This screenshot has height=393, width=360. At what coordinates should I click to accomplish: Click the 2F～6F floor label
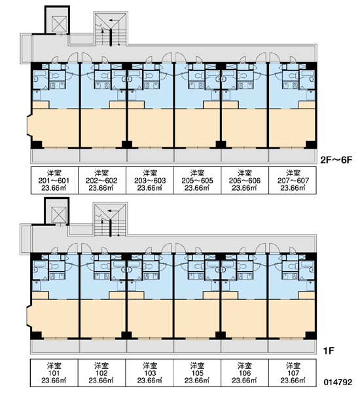click(336, 160)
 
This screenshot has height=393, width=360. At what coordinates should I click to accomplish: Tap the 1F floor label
click(329, 351)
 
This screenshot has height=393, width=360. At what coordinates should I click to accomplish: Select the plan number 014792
click(338, 382)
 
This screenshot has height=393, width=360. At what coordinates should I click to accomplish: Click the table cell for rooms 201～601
click(54, 180)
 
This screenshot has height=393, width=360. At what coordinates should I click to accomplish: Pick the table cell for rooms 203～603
click(150, 180)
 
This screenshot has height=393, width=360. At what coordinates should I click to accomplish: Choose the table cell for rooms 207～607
click(293, 180)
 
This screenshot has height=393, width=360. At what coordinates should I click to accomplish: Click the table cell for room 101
click(54, 373)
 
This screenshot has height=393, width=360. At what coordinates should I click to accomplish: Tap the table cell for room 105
click(197, 373)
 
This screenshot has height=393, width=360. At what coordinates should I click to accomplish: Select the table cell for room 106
click(245, 373)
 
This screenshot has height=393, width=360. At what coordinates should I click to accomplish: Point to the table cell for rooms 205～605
click(198, 180)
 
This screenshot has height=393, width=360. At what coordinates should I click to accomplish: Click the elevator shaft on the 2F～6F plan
click(57, 20)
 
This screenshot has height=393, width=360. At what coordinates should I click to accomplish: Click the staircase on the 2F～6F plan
click(111, 29)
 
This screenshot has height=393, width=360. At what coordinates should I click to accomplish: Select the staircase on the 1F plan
click(110, 219)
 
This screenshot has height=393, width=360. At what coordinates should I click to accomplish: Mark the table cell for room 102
click(101, 373)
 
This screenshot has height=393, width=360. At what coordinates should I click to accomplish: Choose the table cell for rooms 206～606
click(245, 180)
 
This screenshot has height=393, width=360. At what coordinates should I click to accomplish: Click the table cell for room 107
click(293, 373)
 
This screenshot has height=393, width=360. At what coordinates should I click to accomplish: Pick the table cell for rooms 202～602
click(102, 180)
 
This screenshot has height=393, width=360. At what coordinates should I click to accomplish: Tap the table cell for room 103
click(149, 373)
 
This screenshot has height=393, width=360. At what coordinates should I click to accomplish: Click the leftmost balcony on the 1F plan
click(55, 346)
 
